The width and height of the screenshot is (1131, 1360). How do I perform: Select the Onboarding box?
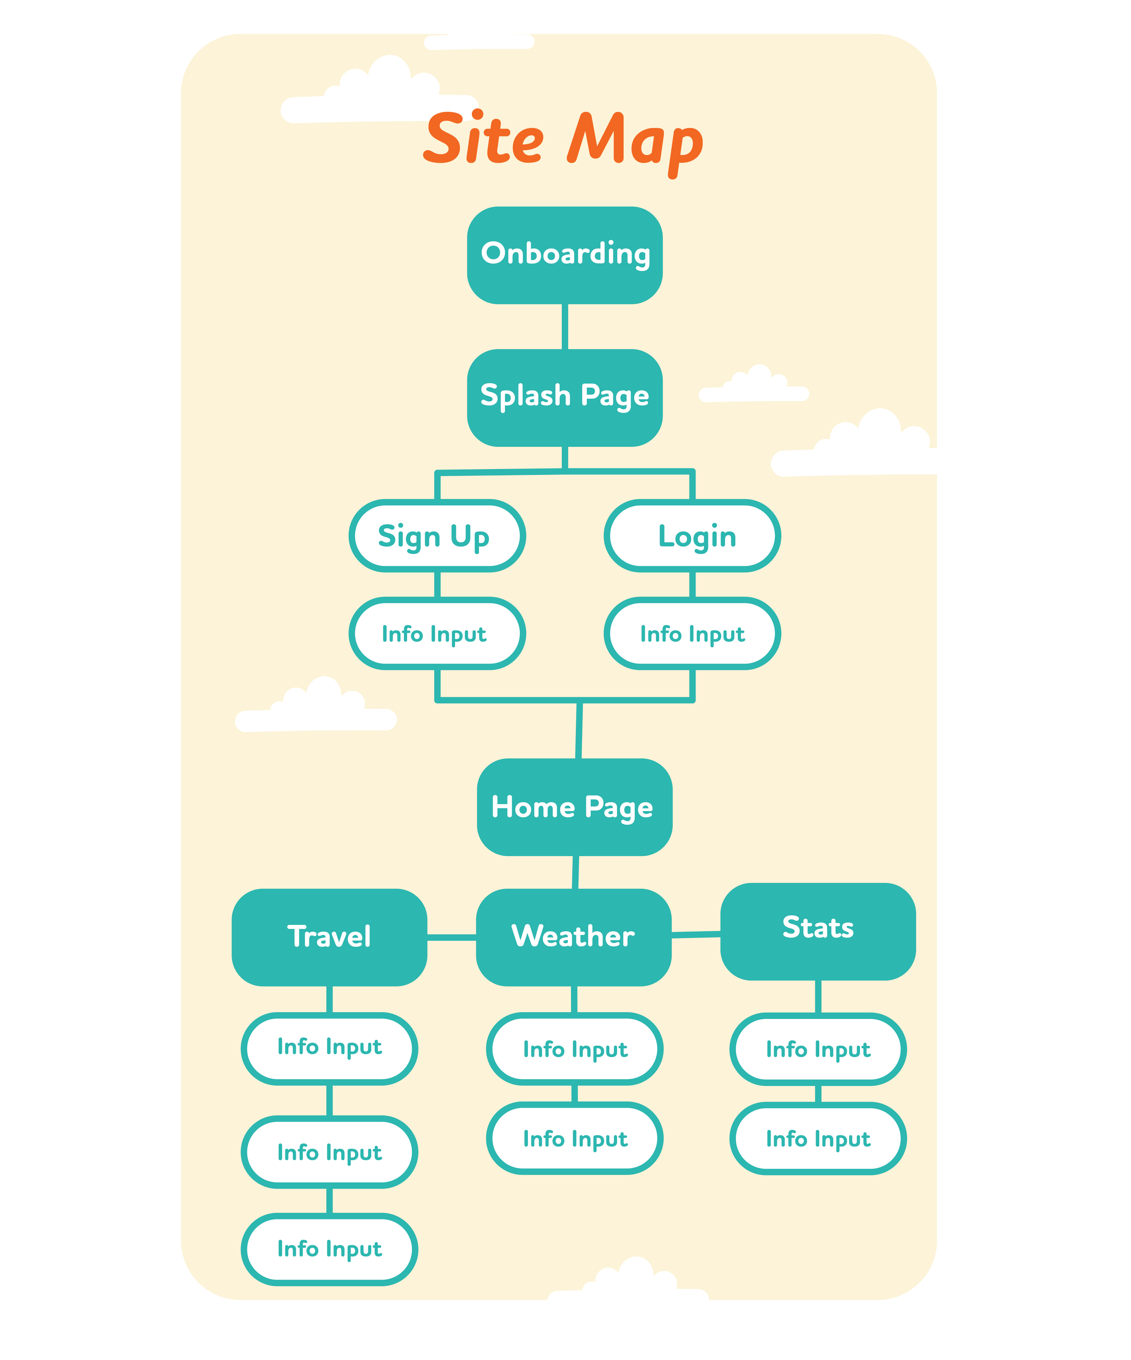point(565,255)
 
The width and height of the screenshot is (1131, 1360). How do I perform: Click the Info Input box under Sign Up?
point(437,633)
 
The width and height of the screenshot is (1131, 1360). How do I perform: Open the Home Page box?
point(575,807)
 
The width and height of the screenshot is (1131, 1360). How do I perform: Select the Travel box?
point(329,937)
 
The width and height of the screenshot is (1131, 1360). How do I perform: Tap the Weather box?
point(574,937)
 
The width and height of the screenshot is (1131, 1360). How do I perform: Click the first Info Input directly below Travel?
point(329,1048)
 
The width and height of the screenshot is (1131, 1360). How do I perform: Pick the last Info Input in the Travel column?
point(329,1249)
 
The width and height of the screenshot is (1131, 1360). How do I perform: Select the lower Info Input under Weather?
point(575,1138)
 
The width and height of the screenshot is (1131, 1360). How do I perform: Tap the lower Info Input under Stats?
point(818,1138)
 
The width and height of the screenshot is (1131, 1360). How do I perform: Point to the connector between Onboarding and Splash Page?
point(565,327)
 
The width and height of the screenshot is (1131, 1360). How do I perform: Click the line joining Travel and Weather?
point(451,937)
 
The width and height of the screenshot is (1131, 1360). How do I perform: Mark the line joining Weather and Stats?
point(696,934)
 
